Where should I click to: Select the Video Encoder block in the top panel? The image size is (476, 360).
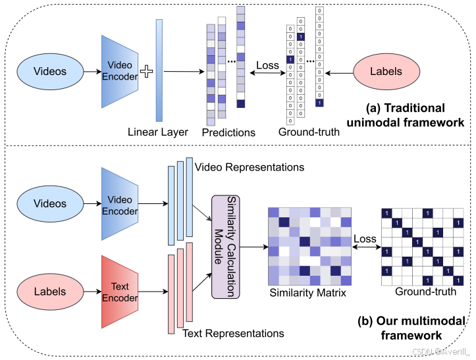tap(119, 71)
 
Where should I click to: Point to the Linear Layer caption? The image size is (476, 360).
tap(158, 132)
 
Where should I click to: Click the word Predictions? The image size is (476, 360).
tap(228, 132)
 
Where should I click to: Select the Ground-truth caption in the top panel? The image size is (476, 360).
tap(309, 132)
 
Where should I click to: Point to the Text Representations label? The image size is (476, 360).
tap(233, 334)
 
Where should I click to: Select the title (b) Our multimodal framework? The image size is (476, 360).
tap(411, 328)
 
